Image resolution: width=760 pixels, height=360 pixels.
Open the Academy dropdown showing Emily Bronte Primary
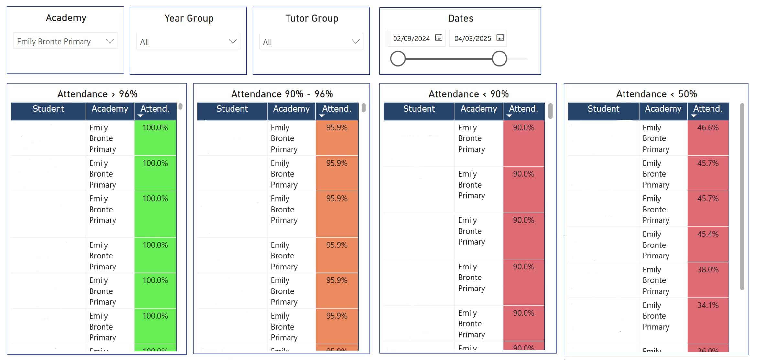click(65, 41)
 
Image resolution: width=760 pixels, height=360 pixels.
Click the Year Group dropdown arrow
click(233, 42)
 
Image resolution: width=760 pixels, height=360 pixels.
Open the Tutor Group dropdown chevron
click(355, 42)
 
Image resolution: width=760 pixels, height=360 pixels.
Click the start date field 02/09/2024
click(411, 38)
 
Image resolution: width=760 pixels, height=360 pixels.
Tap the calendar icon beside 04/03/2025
click(500, 38)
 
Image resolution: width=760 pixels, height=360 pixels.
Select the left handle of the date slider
click(398, 59)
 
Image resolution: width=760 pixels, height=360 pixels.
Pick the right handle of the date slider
click(499, 59)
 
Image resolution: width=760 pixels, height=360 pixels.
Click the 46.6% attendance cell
click(708, 128)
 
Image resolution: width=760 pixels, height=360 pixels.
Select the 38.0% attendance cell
click(708, 270)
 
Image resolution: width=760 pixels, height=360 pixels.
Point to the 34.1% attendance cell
click(708, 305)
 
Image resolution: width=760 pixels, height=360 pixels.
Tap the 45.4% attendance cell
click(708, 234)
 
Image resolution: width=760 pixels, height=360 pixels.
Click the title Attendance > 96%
click(97, 94)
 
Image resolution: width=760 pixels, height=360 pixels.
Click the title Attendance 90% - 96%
click(282, 94)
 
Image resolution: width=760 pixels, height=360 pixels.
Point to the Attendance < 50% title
click(657, 94)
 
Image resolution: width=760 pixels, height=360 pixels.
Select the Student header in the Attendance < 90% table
click(419, 109)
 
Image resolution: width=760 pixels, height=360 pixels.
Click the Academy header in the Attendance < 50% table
click(663, 109)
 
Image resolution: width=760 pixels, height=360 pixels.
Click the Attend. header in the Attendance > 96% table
click(155, 109)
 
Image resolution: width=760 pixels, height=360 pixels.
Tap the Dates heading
click(461, 18)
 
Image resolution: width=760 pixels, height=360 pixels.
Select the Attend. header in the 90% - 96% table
click(337, 109)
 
